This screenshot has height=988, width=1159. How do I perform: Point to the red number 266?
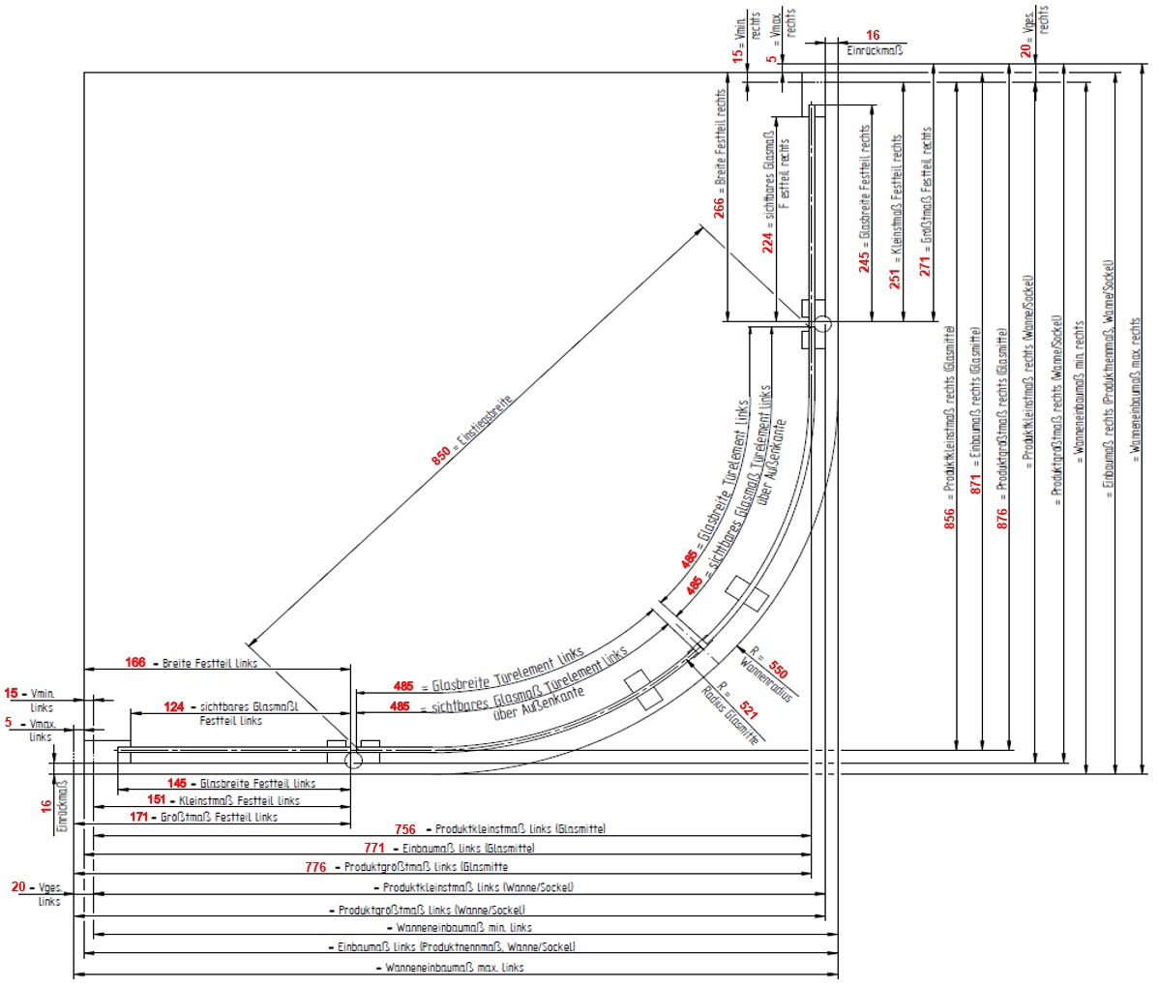pyautogui.click(x=719, y=205)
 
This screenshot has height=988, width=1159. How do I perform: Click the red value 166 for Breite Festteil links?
pyautogui.click(x=135, y=663)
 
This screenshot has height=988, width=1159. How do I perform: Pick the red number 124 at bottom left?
pyautogui.click(x=173, y=707)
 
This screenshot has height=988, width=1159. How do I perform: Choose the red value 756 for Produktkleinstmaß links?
pyautogui.click(x=405, y=829)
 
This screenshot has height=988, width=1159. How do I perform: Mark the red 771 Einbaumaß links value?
pyautogui.click(x=373, y=848)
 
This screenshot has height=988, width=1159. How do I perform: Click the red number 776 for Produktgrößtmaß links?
pyautogui.click(x=315, y=867)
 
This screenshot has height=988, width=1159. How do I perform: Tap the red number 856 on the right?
pyautogui.click(x=949, y=519)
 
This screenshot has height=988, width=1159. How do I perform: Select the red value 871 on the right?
pyautogui.click(x=975, y=484)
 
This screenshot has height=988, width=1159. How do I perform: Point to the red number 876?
pyautogui.click(x=1002, y=519)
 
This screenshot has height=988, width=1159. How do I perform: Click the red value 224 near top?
pyautogui.click(x=768, y=241)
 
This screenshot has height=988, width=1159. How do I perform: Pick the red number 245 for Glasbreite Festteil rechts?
pyautogui.click(x=865, y=260)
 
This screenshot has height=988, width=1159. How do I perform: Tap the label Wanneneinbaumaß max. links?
pyautogui.click(x=455, y=968)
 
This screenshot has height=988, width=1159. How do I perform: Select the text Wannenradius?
pyautogui.click(x=765, y=681)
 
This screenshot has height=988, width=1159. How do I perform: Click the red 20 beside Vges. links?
pyautogui.click(x=18, y=886)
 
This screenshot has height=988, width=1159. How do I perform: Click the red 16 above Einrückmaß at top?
pyautogui.click(x=873, y=36)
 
